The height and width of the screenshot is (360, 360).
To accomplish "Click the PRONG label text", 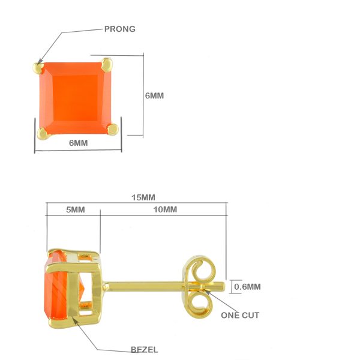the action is (x=120, y=29).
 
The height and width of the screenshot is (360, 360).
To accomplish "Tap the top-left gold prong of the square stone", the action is (x=38, y=67).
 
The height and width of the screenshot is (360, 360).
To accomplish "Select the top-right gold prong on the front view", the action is (x=107, y=65).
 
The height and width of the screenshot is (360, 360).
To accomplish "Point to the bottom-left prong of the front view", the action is (x=43, y=133).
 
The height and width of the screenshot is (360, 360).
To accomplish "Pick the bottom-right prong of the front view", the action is (x=113, y=129).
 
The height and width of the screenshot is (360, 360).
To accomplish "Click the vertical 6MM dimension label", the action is (x=154, y=96).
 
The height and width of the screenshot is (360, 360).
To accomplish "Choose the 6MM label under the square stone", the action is (x=78, y=143).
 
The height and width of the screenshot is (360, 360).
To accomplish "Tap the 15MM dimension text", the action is (x=143, y=197).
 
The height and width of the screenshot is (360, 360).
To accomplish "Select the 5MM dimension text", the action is (x=76, y=209).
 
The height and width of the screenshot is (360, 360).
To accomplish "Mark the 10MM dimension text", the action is (x=165, y=209).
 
